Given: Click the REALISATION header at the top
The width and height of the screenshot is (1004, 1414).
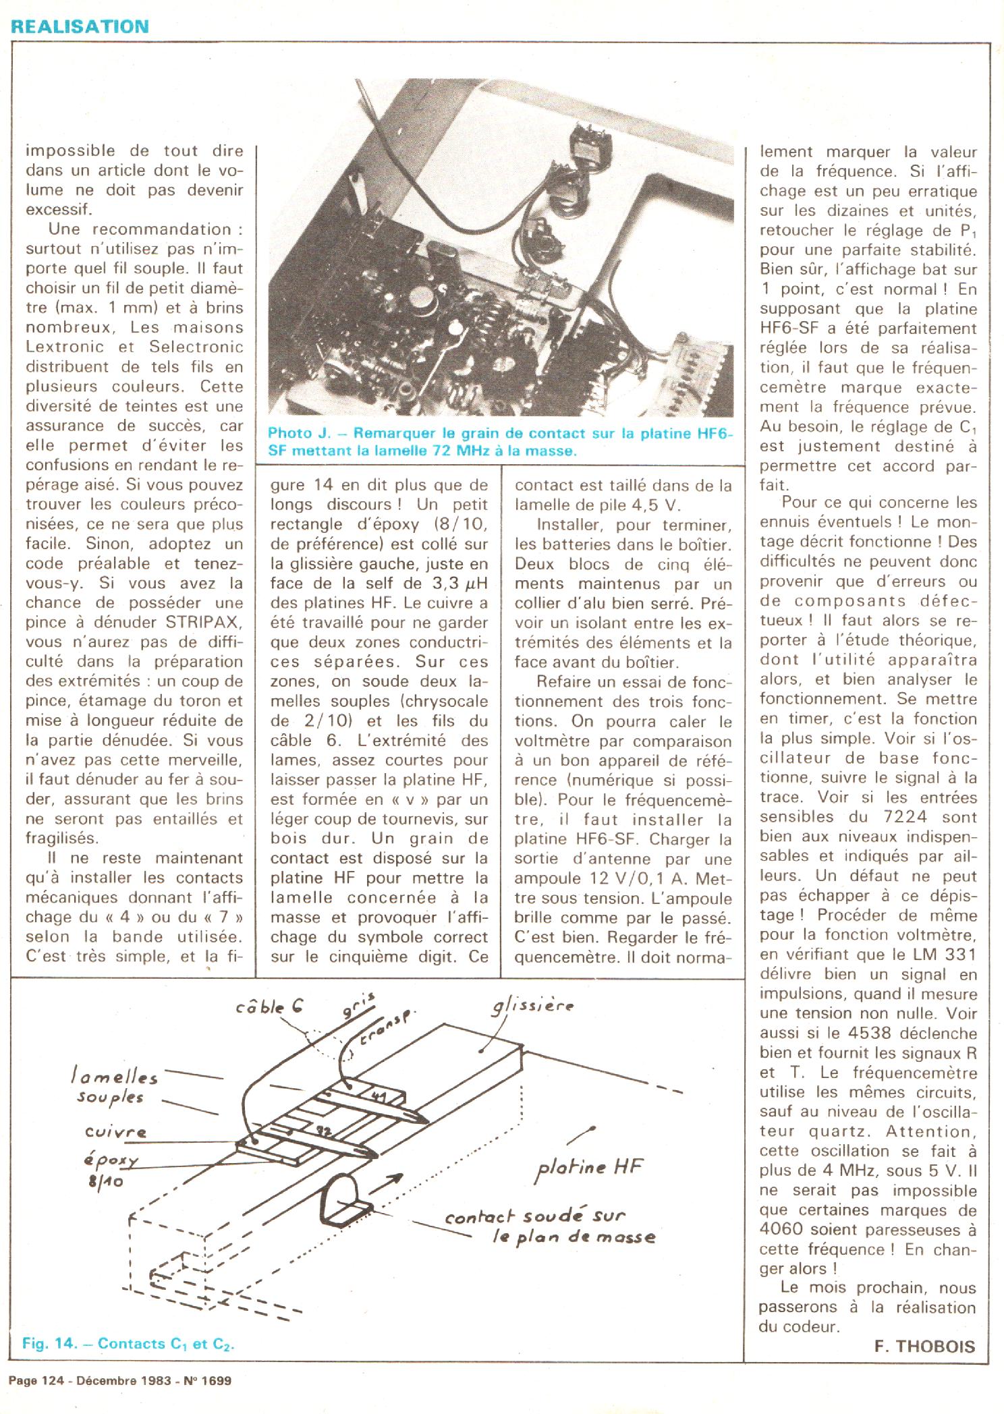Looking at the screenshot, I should pyautogui.click(x=80, y=26).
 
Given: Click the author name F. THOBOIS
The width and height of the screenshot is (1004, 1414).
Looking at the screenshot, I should pyautogui.click(x=924, y=1347).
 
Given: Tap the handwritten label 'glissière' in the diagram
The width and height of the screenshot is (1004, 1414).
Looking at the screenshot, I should pyautogui.click(x=532, y=1007).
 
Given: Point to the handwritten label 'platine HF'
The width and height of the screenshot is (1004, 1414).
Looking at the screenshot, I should pyautogui.click(x=589, y=1168).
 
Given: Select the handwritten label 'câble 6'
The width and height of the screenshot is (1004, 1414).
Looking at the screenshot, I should pyautogui.click(x=269, y=1007).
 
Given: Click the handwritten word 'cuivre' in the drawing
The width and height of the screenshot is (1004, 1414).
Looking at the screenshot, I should pyautogui.click(x=115, y=1131).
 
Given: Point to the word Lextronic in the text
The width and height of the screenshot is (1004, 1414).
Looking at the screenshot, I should pyautogui.click(x=65, y=347).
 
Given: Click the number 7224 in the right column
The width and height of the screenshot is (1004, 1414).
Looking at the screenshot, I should pyautogui.click(x=905, y=817).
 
